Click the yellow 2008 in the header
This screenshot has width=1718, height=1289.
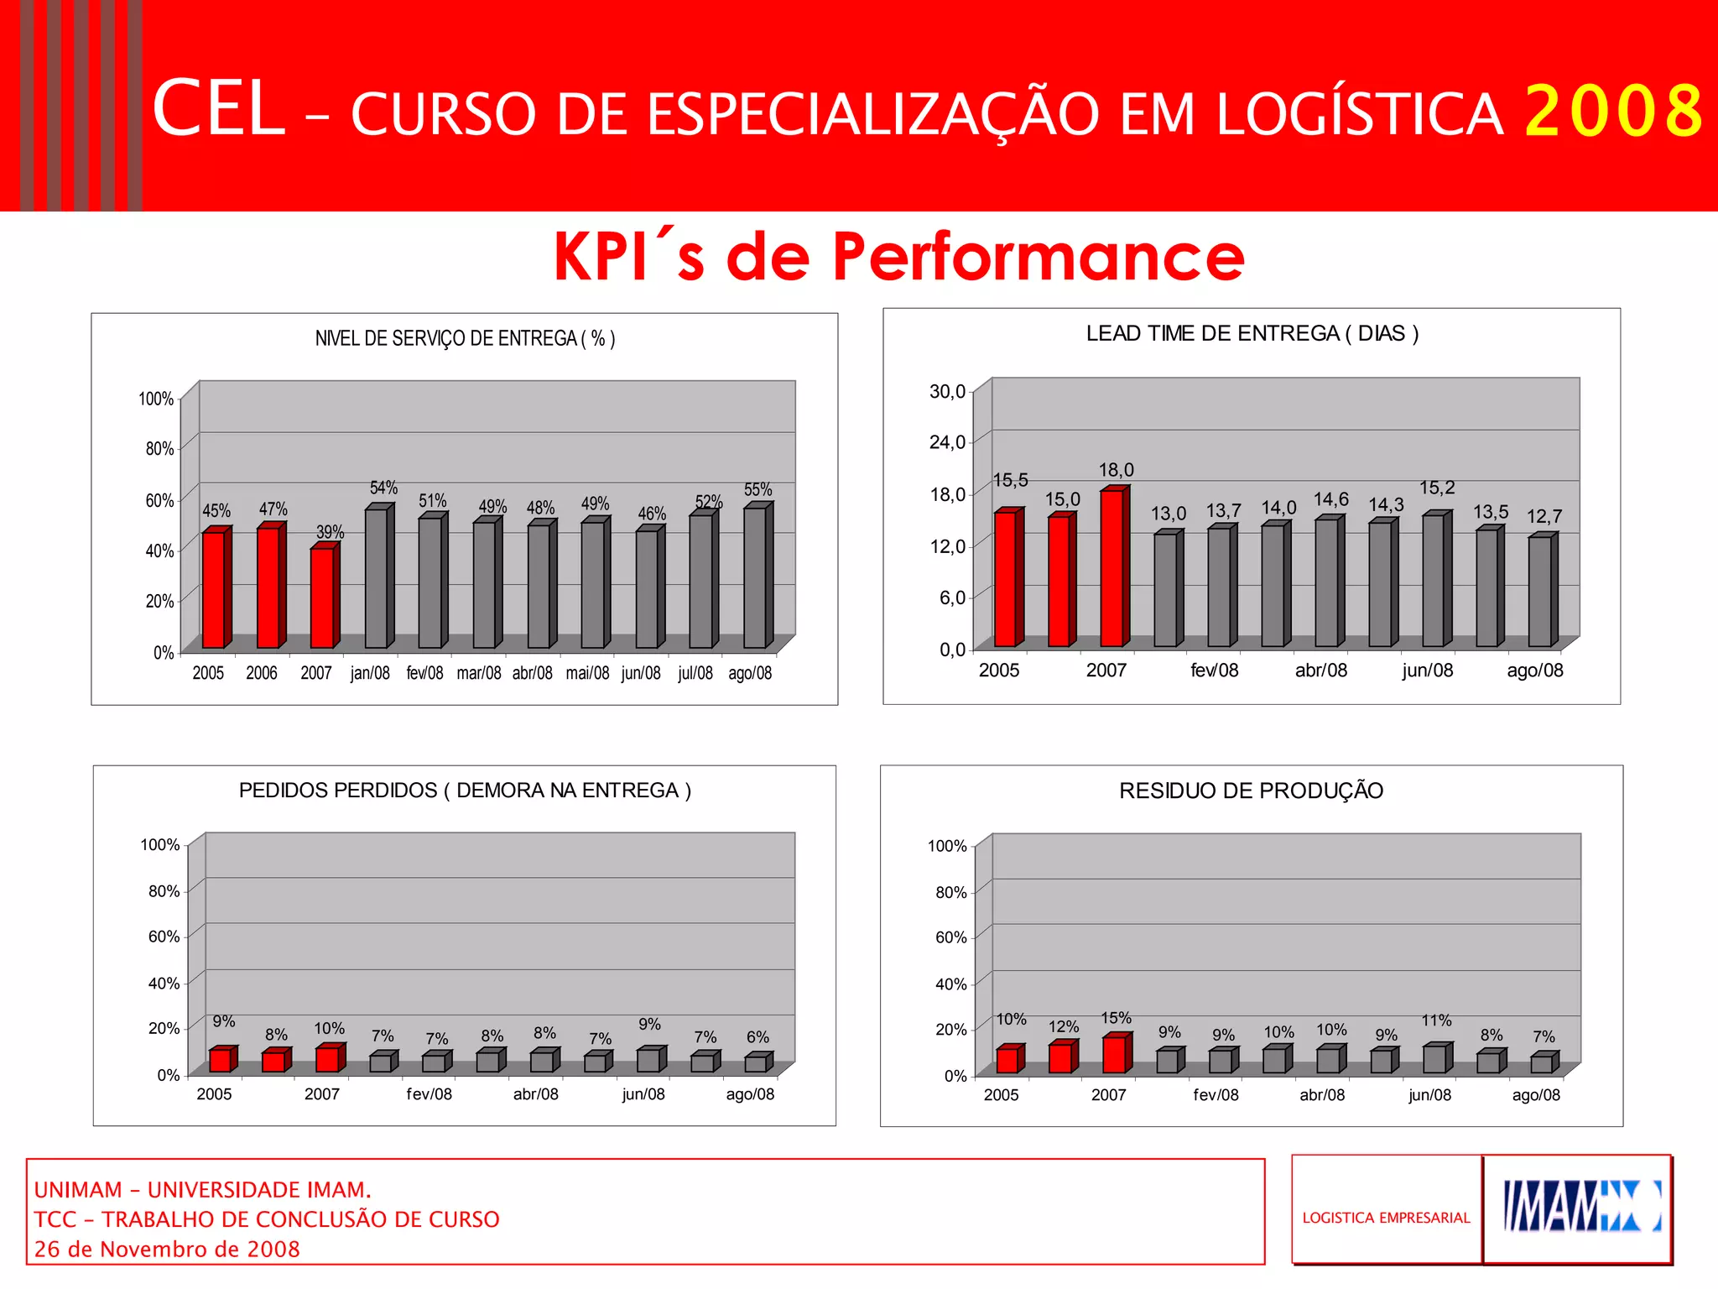(1612, 111)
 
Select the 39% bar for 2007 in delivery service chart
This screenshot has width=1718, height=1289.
(322, 597)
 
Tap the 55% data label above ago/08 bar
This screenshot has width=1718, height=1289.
(757, 489)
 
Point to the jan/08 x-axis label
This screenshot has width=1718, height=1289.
(370, 673)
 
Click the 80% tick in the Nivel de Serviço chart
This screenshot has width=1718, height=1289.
(159, 449)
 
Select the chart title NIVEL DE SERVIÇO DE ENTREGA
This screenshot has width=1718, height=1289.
(465, 338)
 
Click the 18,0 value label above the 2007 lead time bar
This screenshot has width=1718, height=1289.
(1116, 470)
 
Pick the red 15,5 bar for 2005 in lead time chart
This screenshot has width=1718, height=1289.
(1006, 578)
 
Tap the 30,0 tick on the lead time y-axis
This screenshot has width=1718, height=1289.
(947, 391)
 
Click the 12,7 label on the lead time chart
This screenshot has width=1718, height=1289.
(1544, 516)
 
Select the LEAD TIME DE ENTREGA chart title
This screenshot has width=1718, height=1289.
(1252, 333)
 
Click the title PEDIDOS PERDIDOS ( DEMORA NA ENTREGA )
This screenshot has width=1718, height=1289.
(465, 791)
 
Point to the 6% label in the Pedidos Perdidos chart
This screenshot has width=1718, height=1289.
(757, 1037)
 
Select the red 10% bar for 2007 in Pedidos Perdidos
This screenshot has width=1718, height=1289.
(328, 1059)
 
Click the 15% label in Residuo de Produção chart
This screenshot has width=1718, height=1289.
(1116, 1018)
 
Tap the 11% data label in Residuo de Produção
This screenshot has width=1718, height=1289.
(1436, 1020)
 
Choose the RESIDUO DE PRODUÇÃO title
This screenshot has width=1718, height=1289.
(1251, 791)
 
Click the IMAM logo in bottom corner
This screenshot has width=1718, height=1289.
(1578, 1208)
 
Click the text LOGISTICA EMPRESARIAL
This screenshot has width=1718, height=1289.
(1386, 1218)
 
